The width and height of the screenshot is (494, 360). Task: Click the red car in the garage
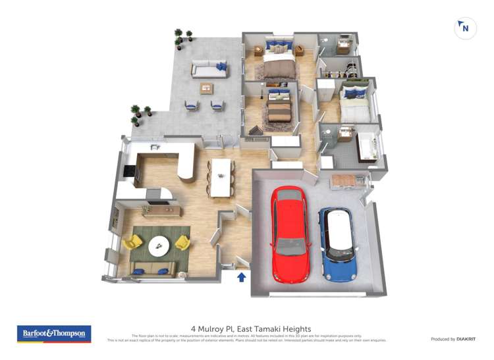pos(290,234)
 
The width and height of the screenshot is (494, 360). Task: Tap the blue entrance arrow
pos(242,276)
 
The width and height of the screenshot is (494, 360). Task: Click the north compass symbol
pos(465,28)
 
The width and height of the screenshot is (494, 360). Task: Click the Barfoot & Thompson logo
pos(54,334)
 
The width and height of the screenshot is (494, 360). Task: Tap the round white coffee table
pos(158,245)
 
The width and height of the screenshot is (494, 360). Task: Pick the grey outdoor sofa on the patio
pos(209,68)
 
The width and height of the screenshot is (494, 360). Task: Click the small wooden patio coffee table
pos(208,87)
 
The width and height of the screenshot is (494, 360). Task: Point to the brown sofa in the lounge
pos(153,267)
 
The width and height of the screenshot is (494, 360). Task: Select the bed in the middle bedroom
pos(279,108)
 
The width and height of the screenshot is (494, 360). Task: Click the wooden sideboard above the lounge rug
pos(162,210)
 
